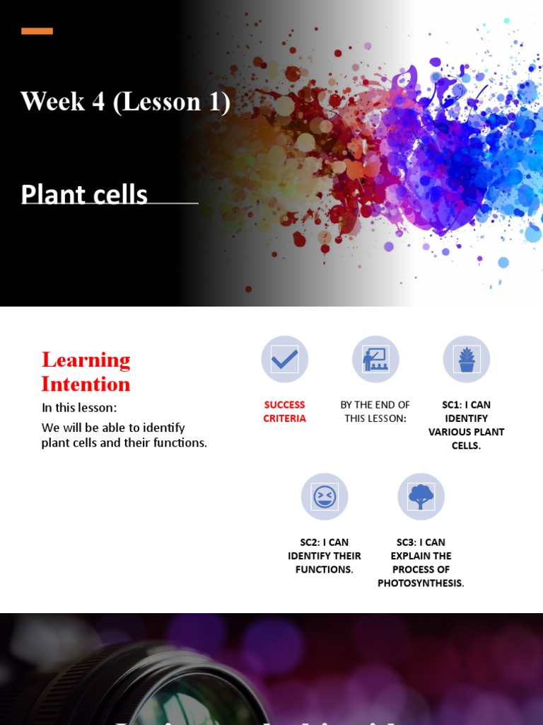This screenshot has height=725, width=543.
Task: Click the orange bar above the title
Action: [x=37, y=30]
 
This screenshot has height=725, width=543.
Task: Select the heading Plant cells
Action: [x=84, y=194]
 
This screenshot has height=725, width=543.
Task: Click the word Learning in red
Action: [x=86, y=360]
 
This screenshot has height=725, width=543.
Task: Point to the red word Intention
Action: [x=86, y=384]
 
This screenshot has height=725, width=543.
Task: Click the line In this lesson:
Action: [x=79, y=408]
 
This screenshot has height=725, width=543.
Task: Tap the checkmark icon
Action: [x=284, y=360]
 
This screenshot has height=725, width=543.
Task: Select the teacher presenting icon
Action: [x=375, y=360]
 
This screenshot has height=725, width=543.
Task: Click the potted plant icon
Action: [x=467, y=360]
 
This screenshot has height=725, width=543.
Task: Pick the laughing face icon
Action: [x=325, y=497]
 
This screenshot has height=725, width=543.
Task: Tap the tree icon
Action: [x=421, y=497]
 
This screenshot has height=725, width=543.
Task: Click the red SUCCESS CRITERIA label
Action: [x=284, y=411]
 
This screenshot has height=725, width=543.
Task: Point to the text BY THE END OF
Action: [x=375, y=405]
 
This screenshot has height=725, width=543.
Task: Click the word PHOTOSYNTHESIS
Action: [x=421, y=583]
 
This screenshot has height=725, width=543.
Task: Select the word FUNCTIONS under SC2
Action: [x=324, y=570]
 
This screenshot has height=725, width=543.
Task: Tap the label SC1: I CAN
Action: [x=467, y=405]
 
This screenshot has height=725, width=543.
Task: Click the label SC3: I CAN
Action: [x=421, y=543]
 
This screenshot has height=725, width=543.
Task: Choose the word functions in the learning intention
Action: [x=180, y=444]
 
